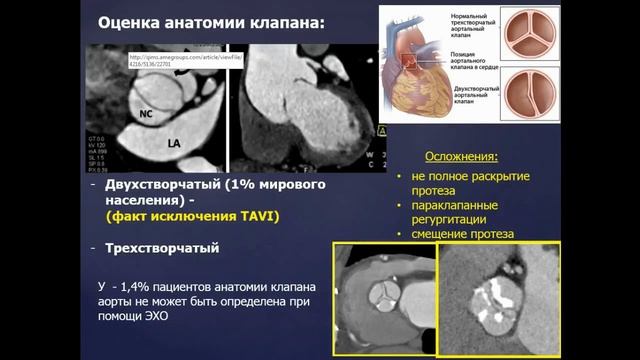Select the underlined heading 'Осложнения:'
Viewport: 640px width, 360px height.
tap(460, 158)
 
